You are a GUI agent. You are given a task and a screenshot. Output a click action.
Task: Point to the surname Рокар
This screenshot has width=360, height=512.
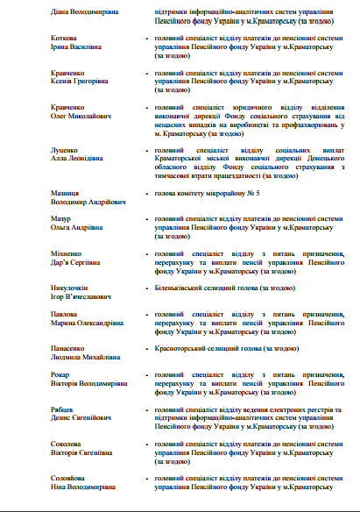click(x=60, y=374)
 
